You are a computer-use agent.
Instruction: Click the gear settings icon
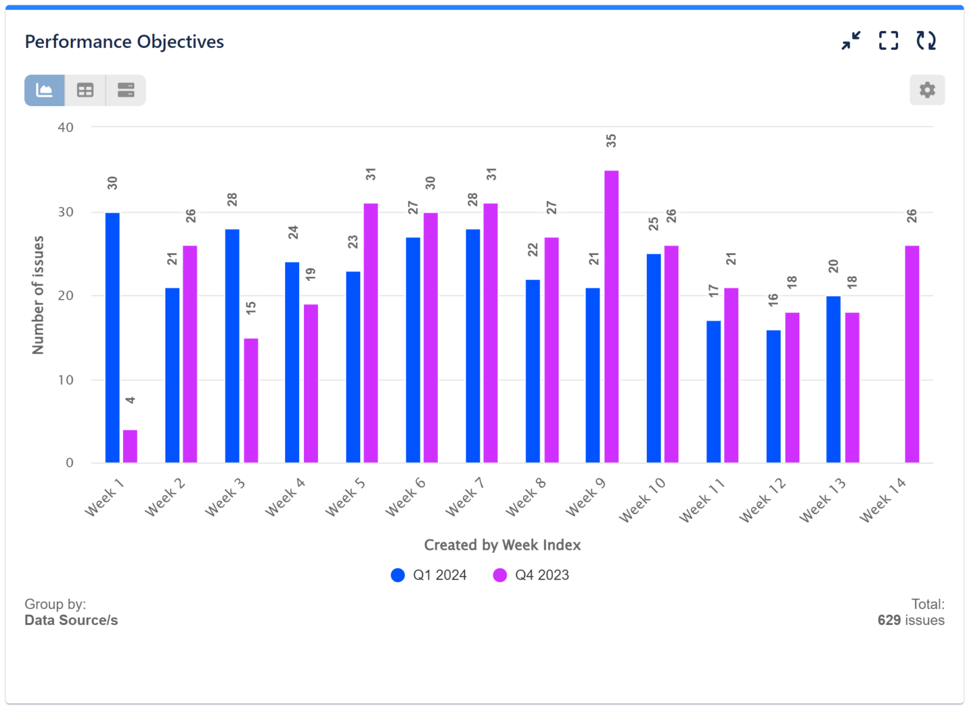[x=927, y=90]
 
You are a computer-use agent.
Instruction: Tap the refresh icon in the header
[x=925, y=41]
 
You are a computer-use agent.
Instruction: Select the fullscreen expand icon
[x=888, y=41]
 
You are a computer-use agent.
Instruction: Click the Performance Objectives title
[x=124, y=42]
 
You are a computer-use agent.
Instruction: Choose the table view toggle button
[x=85, y=90]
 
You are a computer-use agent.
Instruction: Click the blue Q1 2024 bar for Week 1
[x=113, y=338]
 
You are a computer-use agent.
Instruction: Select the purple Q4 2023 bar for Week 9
[x=611, y=317]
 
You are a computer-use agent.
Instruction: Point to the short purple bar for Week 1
[x=130, y=446]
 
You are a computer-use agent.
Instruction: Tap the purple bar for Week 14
[x=911, y=354]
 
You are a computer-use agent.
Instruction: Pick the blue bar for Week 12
[x=773, y=397]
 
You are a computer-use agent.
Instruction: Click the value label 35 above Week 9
[x=611, y=141]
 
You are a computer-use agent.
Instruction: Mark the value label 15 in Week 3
[x=251, y=308]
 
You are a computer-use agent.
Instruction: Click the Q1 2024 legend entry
[x=429, y=575]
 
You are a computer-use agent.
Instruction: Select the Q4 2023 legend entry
[x=532, y=575]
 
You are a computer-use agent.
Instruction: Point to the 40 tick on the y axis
[x=66, y=128]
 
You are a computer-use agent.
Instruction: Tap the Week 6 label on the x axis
[x=405, y=497]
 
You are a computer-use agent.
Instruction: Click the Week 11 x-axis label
[x=701, y=500]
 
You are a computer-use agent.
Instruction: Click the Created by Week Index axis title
[x=502, y=545]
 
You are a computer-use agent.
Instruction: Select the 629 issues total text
[x=910, y=620]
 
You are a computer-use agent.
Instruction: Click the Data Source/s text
[x=71, y=620]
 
